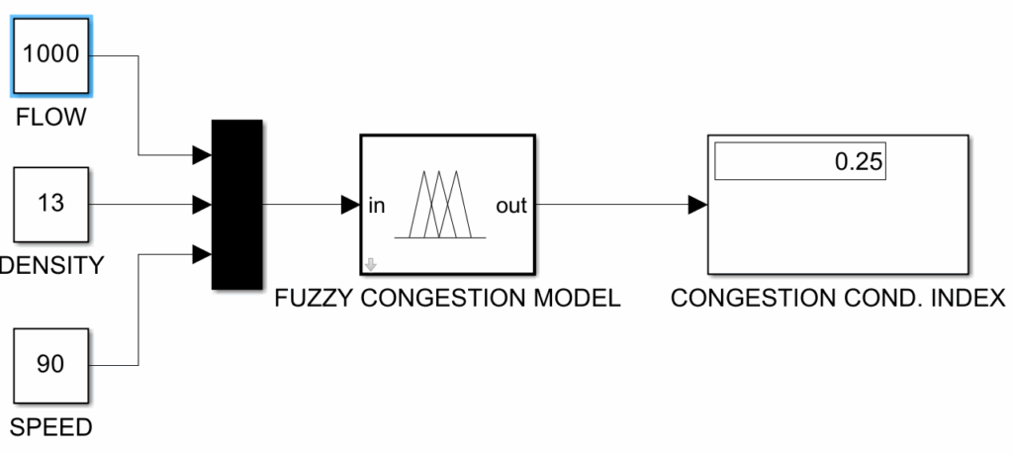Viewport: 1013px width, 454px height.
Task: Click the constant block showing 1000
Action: [x=50, y=55]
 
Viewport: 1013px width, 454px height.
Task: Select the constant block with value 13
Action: [x=50, y=205]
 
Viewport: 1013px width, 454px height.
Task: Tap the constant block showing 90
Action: [x=50, y=364]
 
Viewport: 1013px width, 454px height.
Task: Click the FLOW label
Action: [x=50, y=119]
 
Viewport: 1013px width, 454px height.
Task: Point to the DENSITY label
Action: [x=50, y=265]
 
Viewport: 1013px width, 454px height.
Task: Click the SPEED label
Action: [x=50, y=427]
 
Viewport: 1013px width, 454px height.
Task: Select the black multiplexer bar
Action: [x=236, y=205]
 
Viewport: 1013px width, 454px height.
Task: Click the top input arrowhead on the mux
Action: [x=202, y=154]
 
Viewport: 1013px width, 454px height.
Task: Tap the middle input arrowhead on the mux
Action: [x=202, y=205]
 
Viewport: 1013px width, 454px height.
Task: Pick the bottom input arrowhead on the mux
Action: [x=202, y=254]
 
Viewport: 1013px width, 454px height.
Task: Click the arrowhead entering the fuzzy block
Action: [x=349, y=205]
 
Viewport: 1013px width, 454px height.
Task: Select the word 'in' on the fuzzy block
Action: [x=376, y=206]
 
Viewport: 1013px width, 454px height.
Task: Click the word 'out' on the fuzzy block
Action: [x=511, y=206]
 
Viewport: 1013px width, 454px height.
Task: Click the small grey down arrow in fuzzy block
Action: [x=371, y=264]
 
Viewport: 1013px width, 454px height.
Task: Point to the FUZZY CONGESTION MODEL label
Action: [x=447, y=298]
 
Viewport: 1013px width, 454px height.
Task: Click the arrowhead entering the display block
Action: [x=697, y=205]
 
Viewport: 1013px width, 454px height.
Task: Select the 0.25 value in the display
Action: [x=858, y=162]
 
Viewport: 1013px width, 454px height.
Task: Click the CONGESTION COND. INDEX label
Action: [x=837, y=298]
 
